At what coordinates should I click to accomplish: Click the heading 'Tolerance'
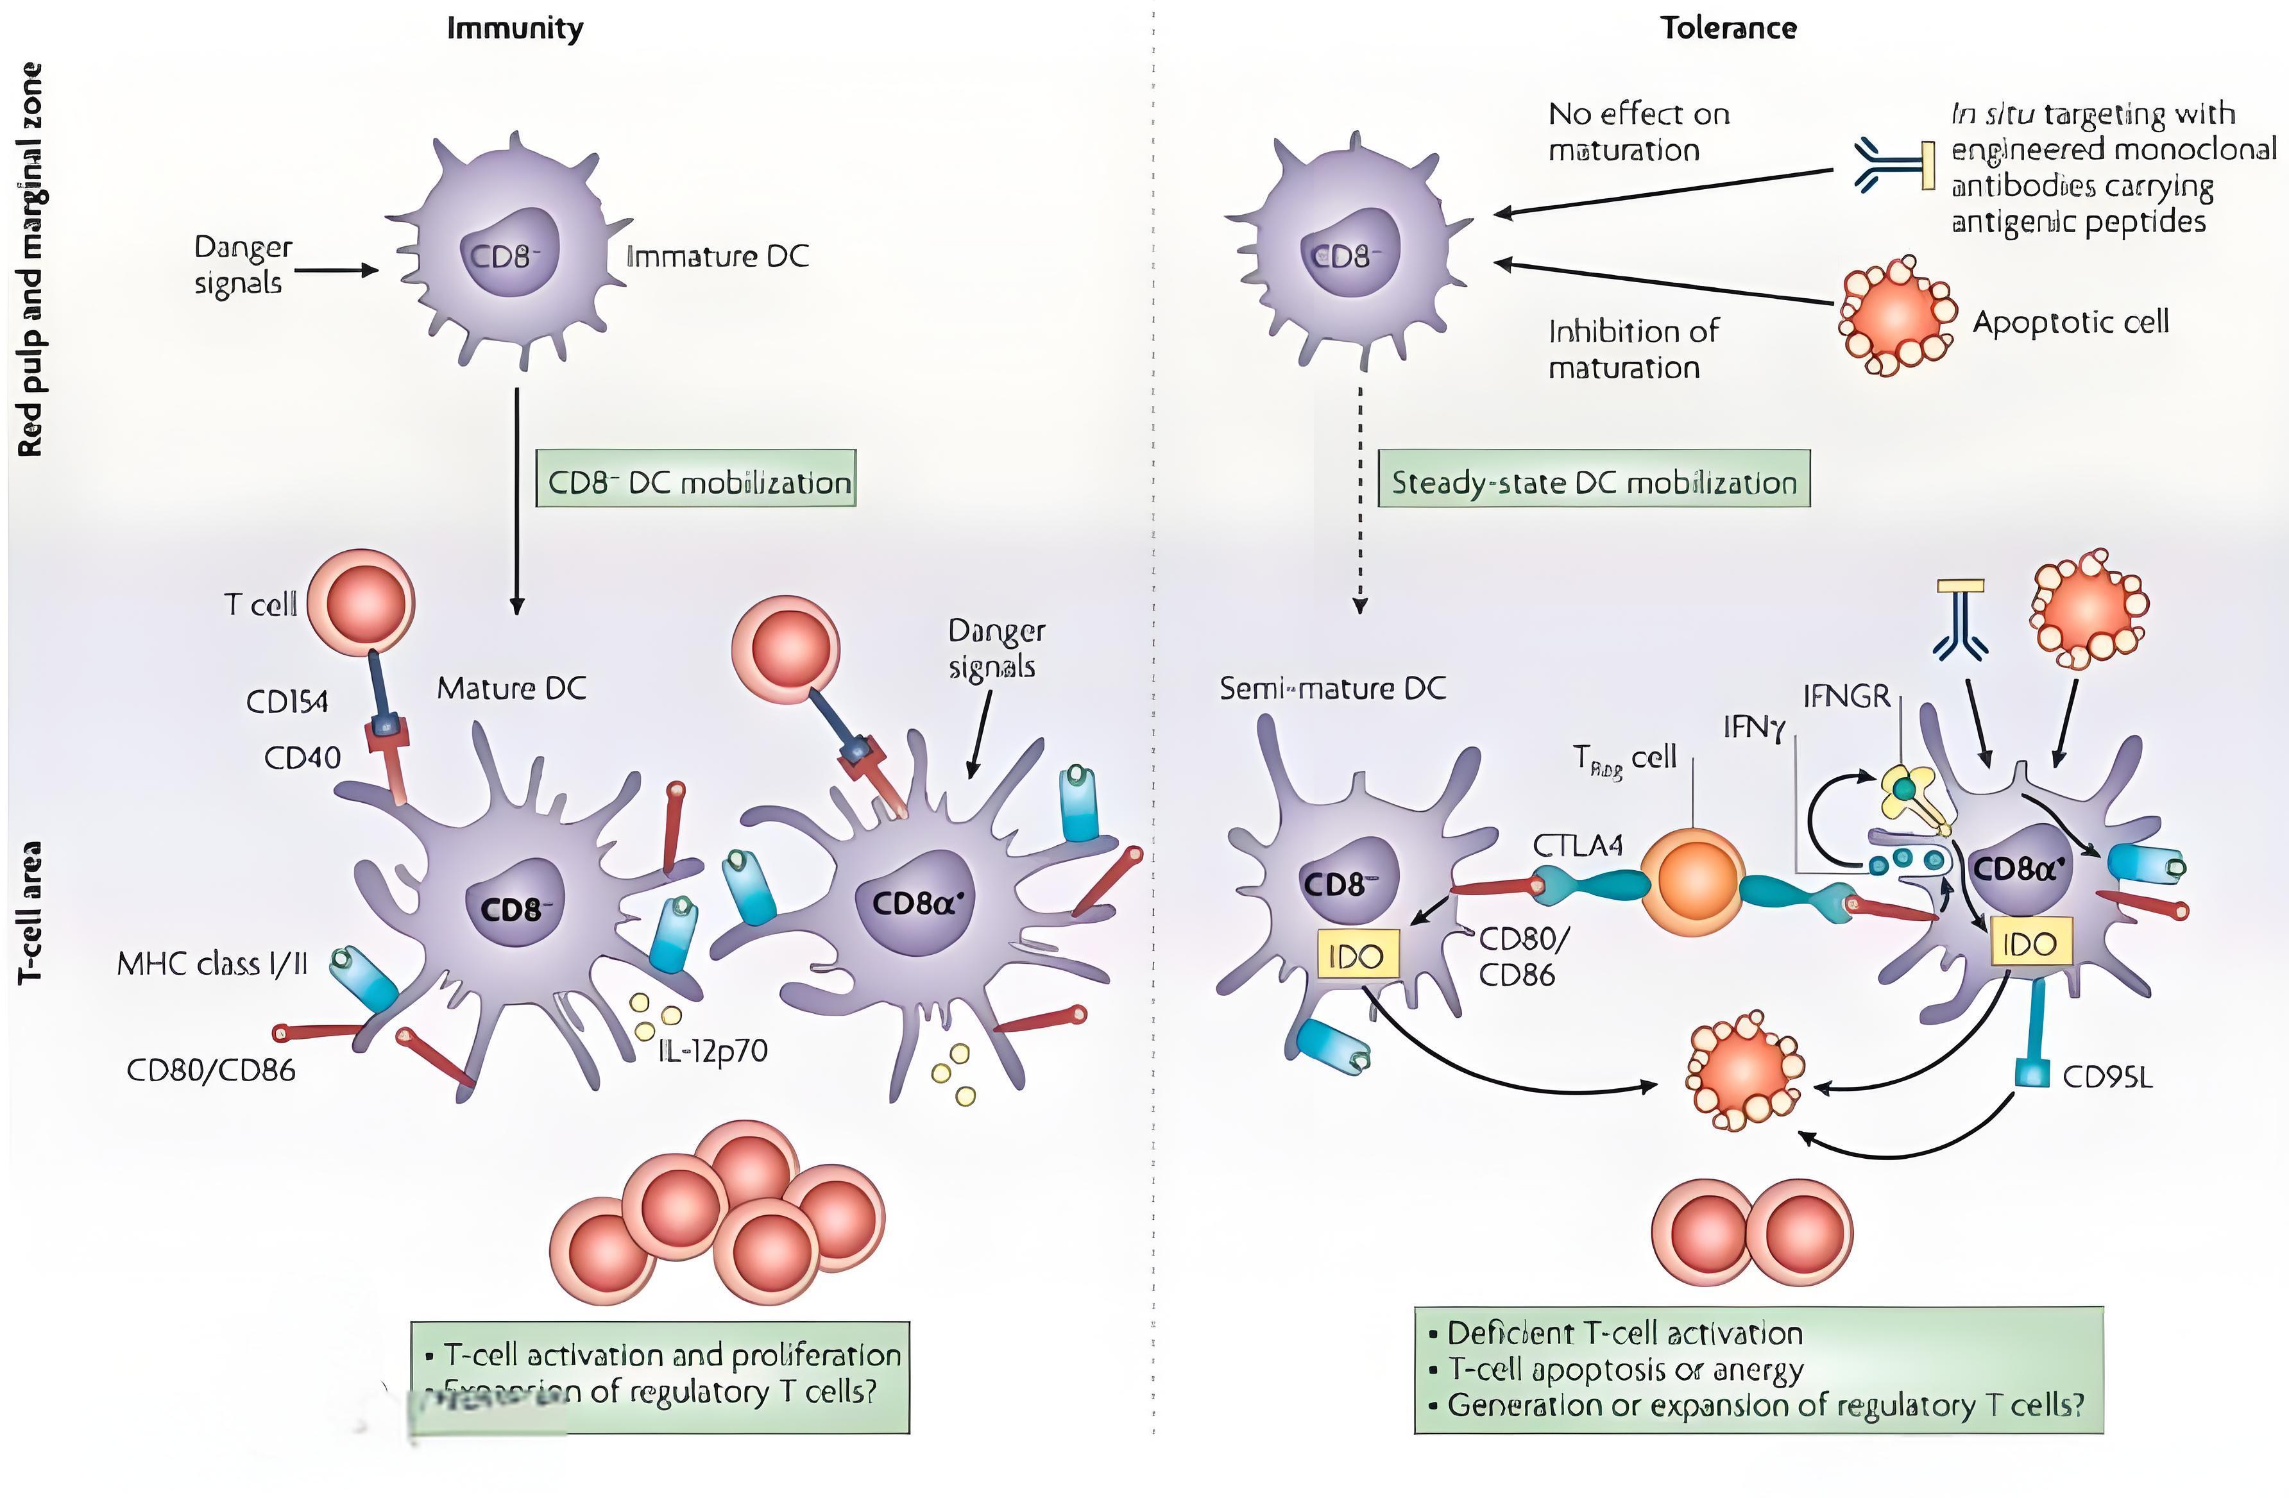[1728, 28]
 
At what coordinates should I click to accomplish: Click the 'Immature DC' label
[717, 257]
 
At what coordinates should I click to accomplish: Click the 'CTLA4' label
[1578, 845]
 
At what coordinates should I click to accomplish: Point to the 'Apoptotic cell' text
[2071, 322]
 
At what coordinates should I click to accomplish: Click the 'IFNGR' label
[1846, 696]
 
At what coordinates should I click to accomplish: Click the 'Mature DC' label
[512, 689]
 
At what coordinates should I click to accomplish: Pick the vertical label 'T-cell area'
[31, 911]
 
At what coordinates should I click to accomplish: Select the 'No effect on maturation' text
[1638, 131]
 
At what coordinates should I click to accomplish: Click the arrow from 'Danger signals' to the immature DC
[337, 270]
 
